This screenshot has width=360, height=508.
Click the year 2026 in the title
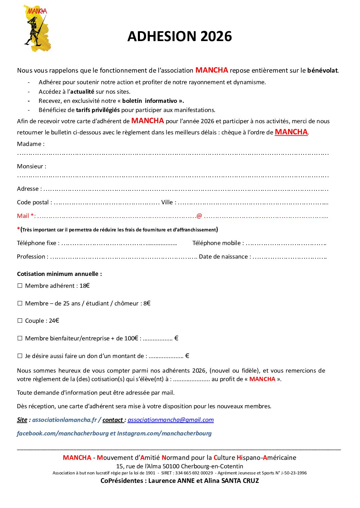[216, 37]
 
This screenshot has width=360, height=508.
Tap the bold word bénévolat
[322, 71]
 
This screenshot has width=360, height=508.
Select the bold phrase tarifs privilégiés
[98, 110]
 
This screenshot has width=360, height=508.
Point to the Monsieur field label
[32, 166]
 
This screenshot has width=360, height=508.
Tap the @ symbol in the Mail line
[199, 216]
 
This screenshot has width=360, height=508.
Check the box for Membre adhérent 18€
[20, 286]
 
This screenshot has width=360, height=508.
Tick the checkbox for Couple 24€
[20, 321]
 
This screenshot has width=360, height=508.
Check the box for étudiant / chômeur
[20, 303]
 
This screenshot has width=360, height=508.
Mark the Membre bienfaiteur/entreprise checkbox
[20, 338]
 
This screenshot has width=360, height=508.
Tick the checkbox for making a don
[20, 356]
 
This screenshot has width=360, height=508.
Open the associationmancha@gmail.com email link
[170, 420]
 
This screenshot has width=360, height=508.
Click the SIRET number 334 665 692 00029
[194, 473]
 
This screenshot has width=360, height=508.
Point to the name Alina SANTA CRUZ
[231, 481]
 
